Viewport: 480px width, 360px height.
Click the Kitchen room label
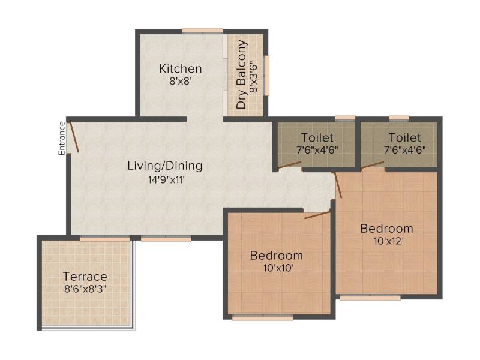pos(181,68)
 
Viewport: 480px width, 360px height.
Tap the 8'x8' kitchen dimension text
pos(181,81)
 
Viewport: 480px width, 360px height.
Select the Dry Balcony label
pos(242,74)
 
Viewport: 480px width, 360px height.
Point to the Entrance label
pos(62,138)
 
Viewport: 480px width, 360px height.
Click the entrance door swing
pos(74,137)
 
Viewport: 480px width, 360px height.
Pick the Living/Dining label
pos(165,166)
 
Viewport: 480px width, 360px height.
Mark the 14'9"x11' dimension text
pos(167,179)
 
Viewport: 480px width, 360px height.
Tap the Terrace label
pos(85,277)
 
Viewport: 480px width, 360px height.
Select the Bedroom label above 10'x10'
pos(277,256)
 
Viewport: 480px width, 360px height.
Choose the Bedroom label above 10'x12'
pos(386,229)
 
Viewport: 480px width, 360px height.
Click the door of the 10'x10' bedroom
pos(317,215)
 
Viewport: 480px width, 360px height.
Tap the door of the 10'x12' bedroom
pos(338,185)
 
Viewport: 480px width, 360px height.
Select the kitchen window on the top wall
pos(202,31)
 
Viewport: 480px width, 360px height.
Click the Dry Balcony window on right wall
pos(267,76)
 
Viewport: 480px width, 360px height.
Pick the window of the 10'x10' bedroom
pos(262,319)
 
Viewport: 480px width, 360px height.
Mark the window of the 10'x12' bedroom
pos(370,298)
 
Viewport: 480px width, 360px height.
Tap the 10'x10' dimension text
pos(278,268)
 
